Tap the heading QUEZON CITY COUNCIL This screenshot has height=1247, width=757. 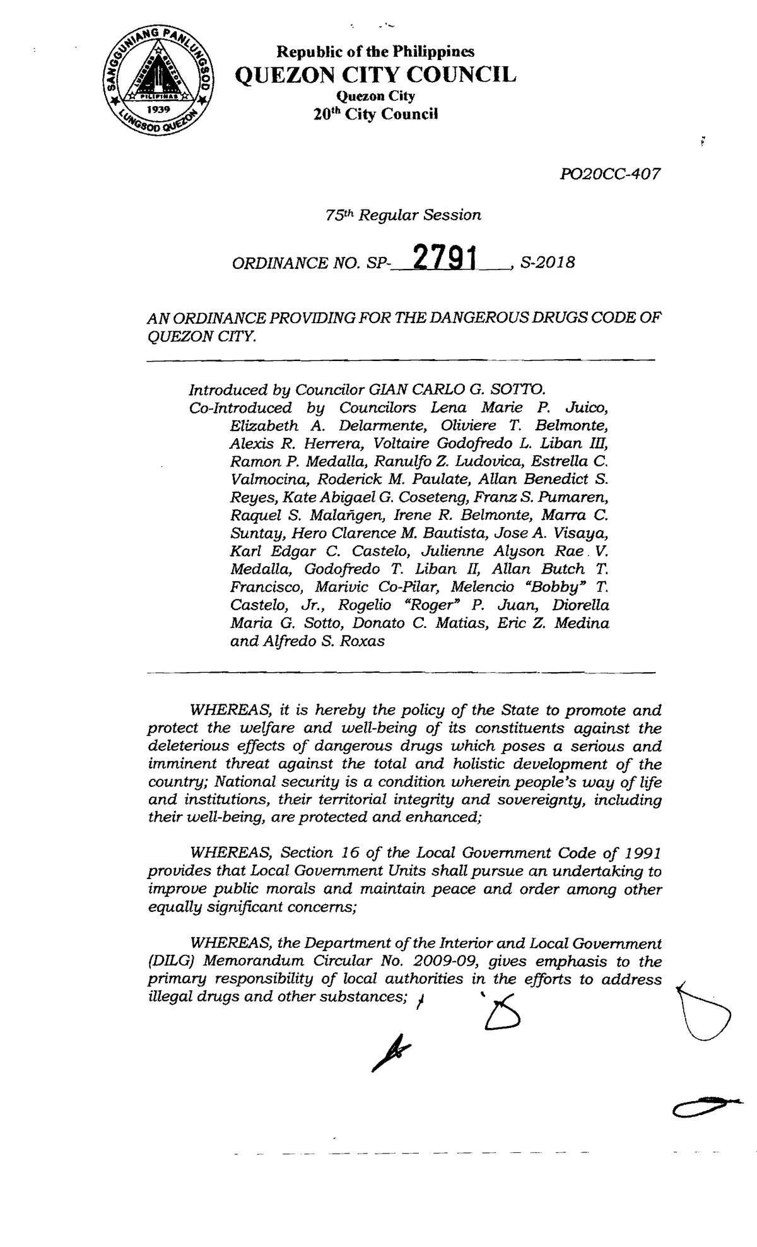(375, 75)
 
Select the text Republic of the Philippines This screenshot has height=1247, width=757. (377, 52)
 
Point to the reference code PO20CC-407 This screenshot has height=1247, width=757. (610, 174)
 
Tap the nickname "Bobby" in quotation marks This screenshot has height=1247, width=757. (554, 588)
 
